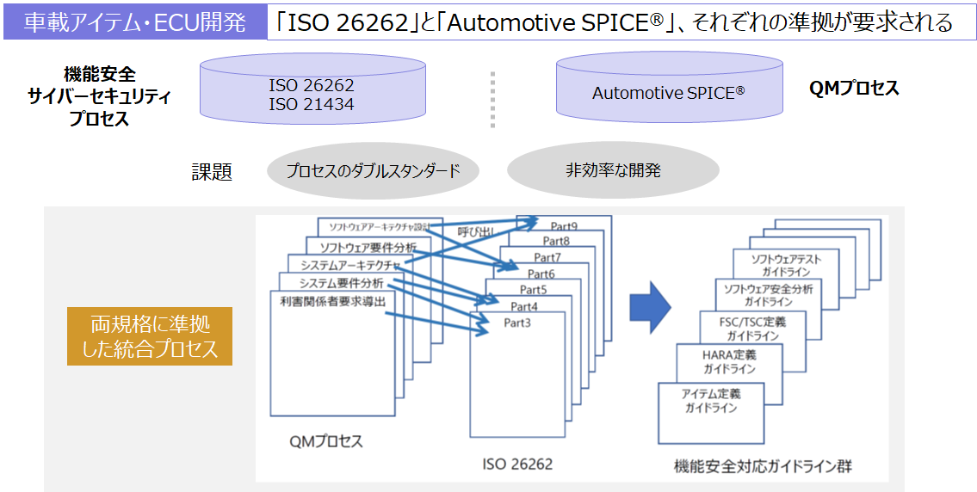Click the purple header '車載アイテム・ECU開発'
135,22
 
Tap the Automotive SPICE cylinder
668,92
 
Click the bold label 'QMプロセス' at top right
854,89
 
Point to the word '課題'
212,172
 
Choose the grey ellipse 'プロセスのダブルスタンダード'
372,171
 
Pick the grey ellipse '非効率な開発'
613,170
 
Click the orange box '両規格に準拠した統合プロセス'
150,336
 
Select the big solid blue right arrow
650,306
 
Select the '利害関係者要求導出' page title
332,301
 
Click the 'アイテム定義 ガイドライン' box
711,401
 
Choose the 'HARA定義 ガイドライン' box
729,361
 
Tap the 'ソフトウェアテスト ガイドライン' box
785,265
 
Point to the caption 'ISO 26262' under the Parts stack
517,464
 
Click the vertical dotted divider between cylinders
493,99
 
